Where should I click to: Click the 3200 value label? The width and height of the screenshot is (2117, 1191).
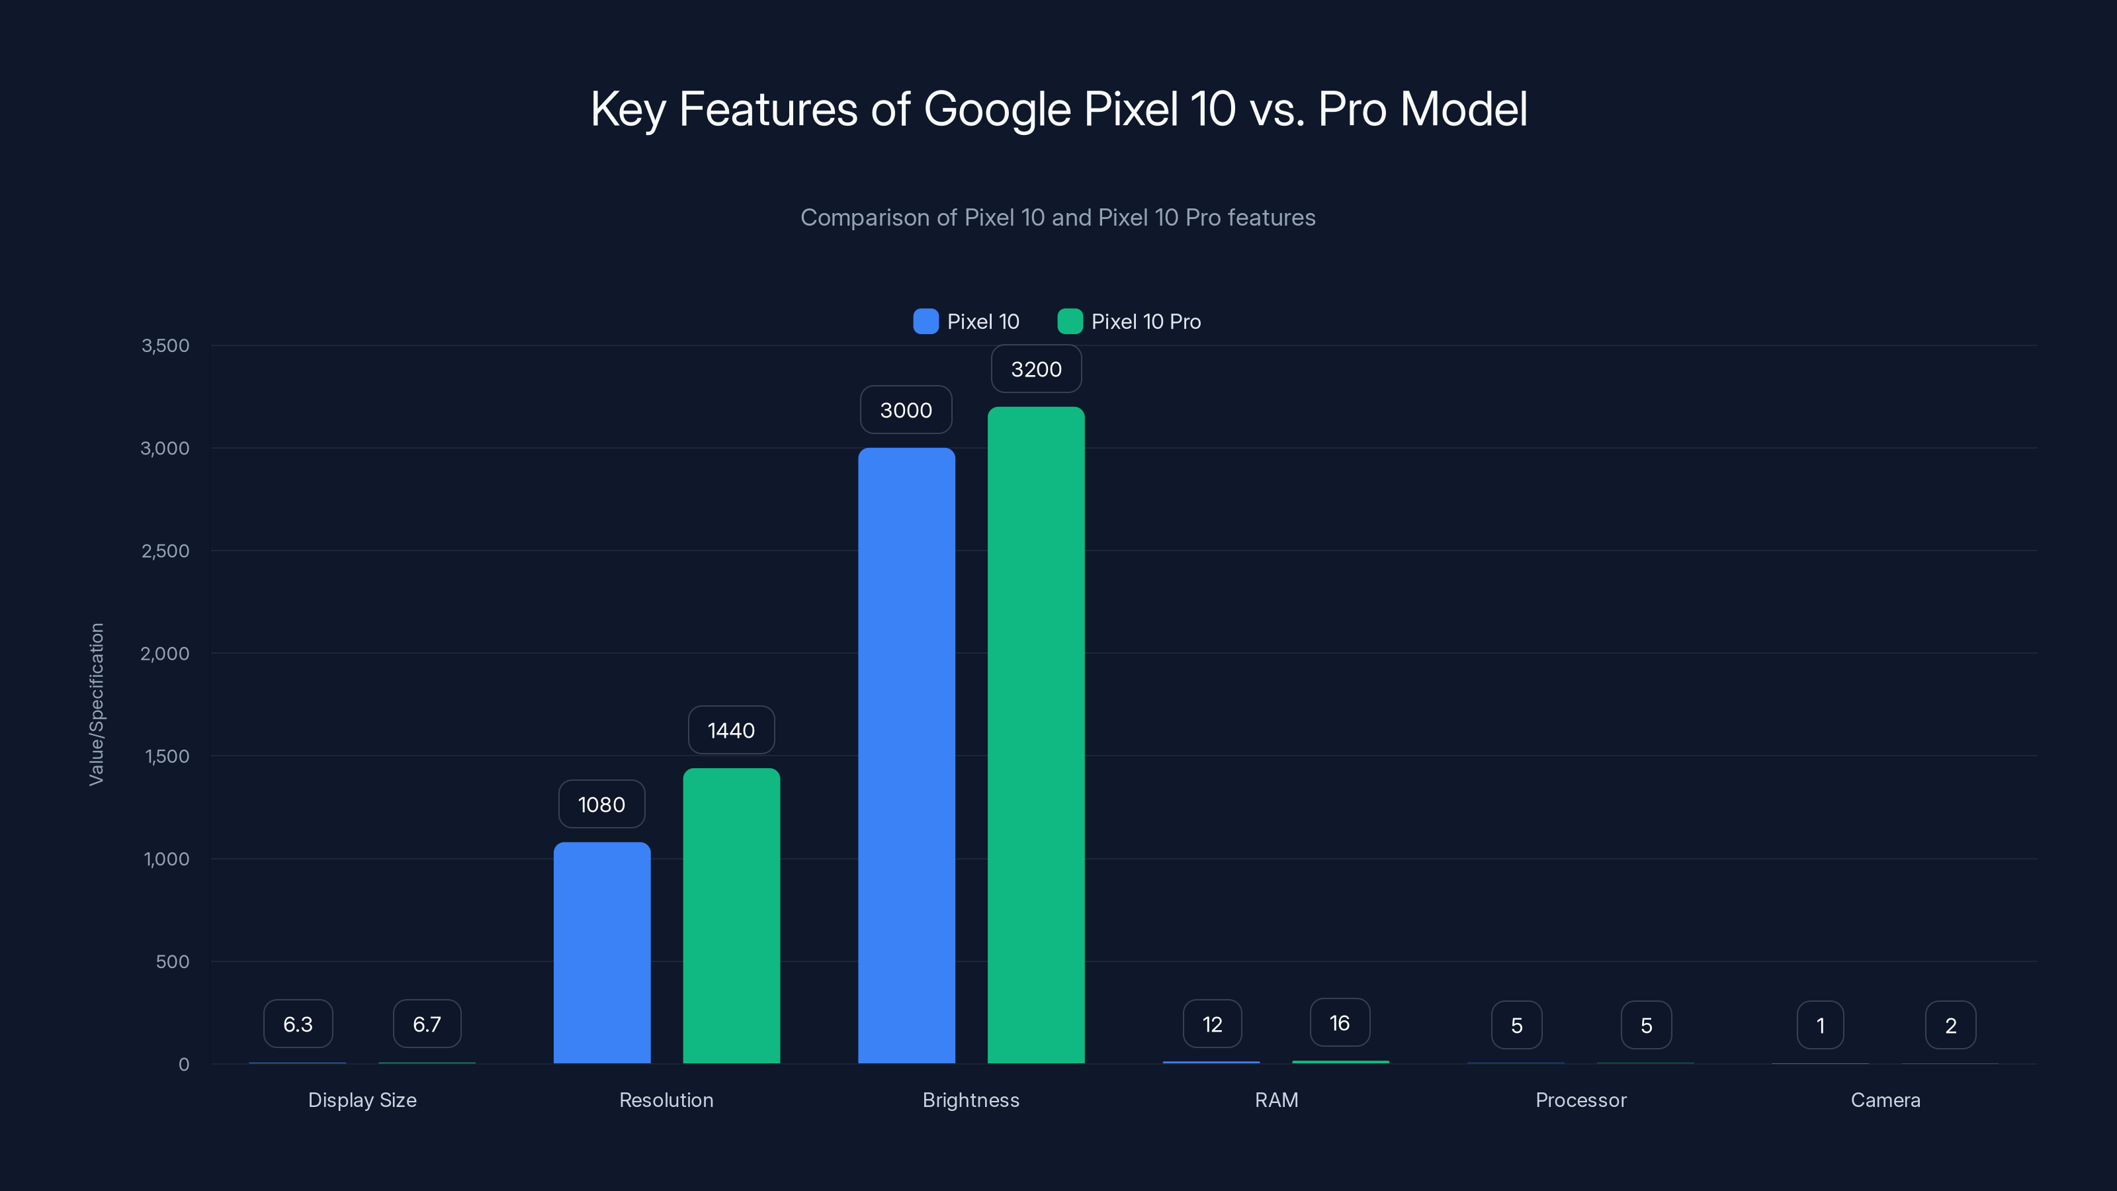[1035, 369]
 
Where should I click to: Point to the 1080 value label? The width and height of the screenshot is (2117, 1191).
[601, 804]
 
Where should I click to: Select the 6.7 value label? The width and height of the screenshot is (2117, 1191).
[427, 1024]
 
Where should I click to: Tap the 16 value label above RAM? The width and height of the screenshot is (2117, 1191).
[1340, 1022]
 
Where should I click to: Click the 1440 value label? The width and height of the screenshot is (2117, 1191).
[730, 730]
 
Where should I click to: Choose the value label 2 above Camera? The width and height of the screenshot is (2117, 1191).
[1950, 1025]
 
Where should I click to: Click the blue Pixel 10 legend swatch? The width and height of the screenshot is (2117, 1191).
[926, 322]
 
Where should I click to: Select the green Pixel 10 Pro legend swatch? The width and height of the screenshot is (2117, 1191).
[1069, 322]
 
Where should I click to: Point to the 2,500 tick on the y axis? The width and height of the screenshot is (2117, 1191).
[165, 551]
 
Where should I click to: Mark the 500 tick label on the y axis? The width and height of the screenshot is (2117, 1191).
[173, 961]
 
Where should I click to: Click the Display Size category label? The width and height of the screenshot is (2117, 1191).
[363, 1100]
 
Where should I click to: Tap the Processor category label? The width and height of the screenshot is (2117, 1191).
[1580, 1100]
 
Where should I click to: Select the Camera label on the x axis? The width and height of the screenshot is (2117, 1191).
[1885, 1100]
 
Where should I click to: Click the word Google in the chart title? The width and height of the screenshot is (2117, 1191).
[997, 109]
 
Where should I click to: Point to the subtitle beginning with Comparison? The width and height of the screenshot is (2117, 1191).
[1058, 217]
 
